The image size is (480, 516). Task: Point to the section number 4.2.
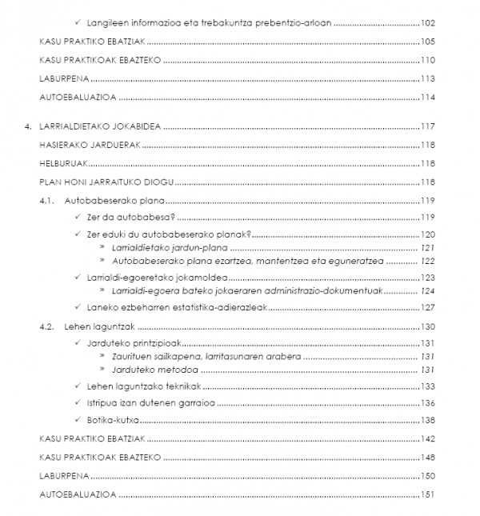click(x=51, y=326)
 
